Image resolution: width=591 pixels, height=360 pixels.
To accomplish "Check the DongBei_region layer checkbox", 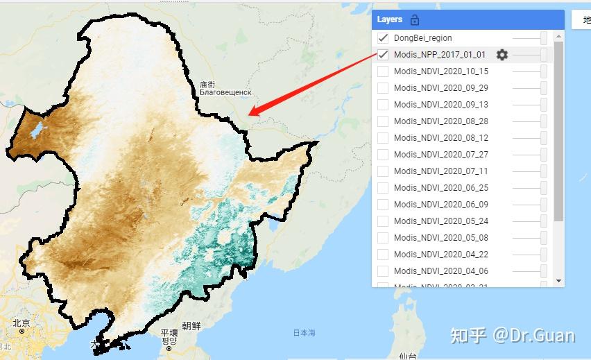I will coord(383,38).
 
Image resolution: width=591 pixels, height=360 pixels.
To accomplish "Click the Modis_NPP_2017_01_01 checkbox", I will coord(383,55).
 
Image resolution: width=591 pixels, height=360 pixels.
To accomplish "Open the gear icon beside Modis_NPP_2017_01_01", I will coord(502,55).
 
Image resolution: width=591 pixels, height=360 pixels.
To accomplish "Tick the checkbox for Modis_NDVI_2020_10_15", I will coord(383,71).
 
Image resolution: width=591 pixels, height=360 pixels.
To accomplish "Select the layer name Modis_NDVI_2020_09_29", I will coord(440,88).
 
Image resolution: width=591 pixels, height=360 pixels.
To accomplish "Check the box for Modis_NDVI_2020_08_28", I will coord(383,121).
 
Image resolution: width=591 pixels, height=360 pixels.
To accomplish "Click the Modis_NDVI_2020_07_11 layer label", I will coord(440,171).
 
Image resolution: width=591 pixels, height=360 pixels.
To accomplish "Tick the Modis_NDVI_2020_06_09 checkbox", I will coord(383,205).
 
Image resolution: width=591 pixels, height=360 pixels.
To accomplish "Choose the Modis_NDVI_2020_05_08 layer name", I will coord(440,238).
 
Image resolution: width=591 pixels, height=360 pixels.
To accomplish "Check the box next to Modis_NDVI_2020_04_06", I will coord(383,271).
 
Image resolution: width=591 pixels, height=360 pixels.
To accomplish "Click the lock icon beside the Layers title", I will coord(415,20).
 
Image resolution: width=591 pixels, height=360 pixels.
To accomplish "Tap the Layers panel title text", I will coord(390,20).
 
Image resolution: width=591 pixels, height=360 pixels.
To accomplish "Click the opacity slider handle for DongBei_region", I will coord(544,38).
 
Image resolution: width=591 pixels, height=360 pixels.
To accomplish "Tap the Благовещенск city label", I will coord(225,92).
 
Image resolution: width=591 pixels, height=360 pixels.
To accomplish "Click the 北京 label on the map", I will coord(21,323).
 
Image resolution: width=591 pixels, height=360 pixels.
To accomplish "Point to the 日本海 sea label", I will coord(304,333).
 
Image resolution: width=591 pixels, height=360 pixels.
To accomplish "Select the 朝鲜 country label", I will coord(191,325).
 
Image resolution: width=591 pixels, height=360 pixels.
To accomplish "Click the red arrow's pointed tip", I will coord(250,114).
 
